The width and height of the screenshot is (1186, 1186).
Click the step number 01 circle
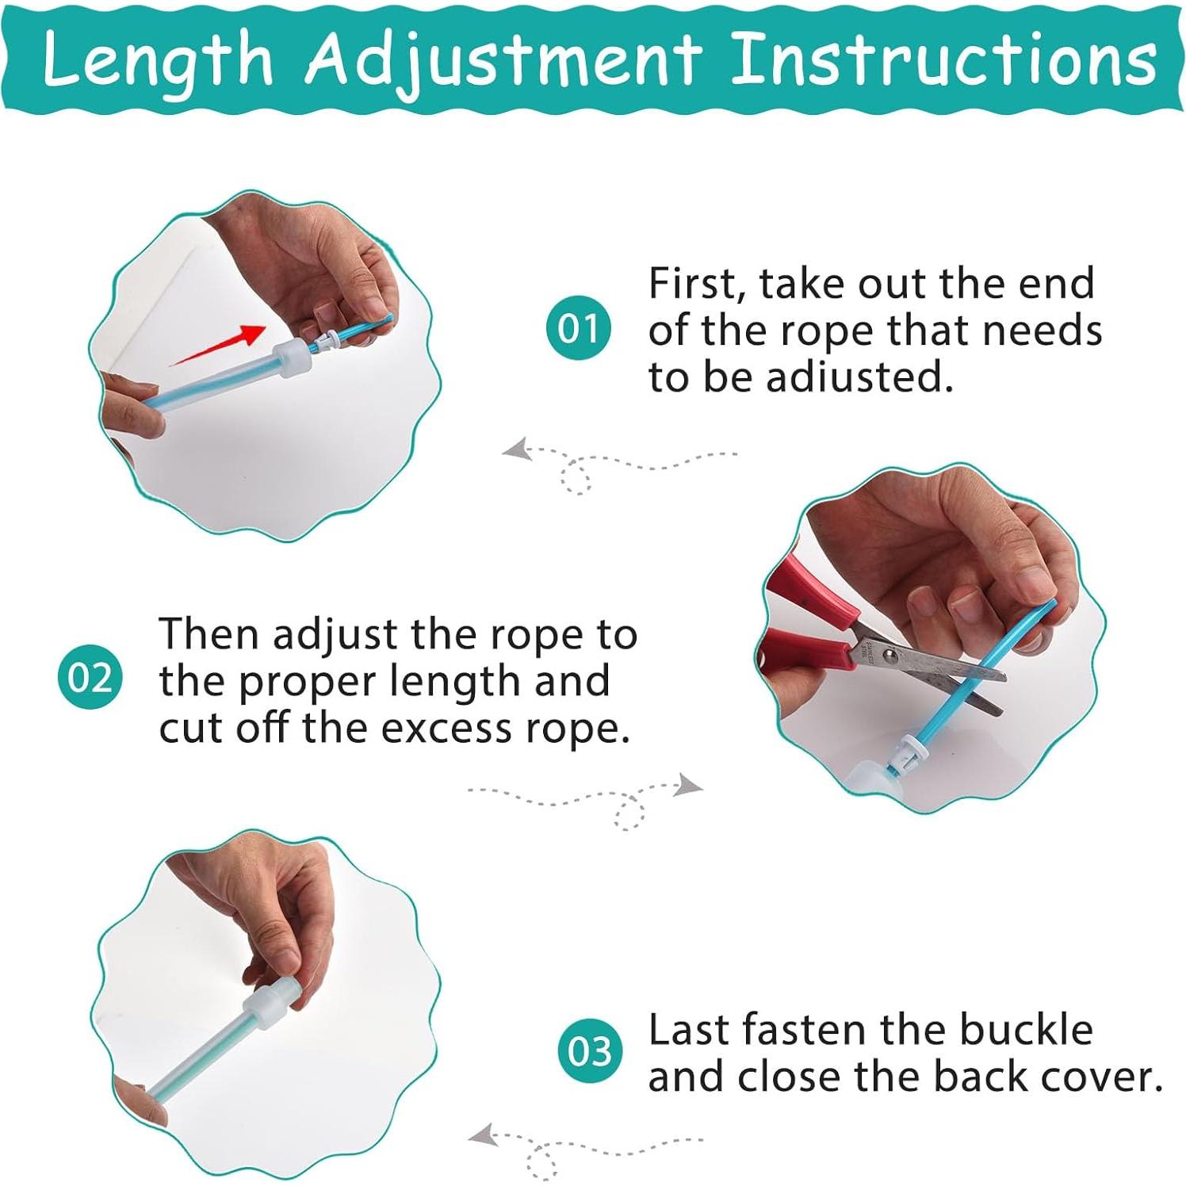pyautogui.click(x=578, y=327)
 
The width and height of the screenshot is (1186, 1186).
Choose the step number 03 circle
pyautogui.click(x=589, y=1051)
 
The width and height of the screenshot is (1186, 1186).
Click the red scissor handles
pyautogui.click(x=809, y=618)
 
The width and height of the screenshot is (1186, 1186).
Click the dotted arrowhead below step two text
pyautogui.click(x=688, y=786)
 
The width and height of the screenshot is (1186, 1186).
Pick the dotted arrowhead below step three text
pyautogui.click(x=484, y=1135)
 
